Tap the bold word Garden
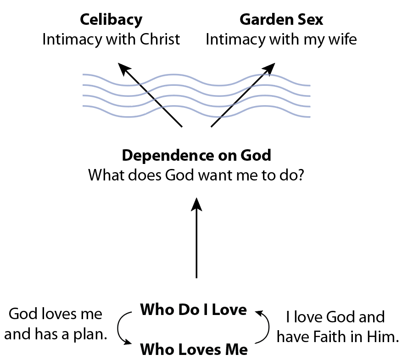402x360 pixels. tap(266, 19)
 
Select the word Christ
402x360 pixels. tap(160, 39)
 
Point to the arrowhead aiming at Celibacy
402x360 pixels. tap(123, 68)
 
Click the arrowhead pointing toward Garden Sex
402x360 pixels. tap(269, 68)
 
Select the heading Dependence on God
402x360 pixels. tap(196, 156)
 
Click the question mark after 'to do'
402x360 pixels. tap(301, 175)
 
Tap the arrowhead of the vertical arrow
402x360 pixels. tap(197, 204)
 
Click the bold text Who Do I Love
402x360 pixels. tap(194, 309)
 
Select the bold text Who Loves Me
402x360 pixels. tap(194, 349)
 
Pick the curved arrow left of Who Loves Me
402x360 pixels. tap(118, 328)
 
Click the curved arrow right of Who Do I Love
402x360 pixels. tap(268, 326)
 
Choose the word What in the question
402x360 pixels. tap(106, 175)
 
